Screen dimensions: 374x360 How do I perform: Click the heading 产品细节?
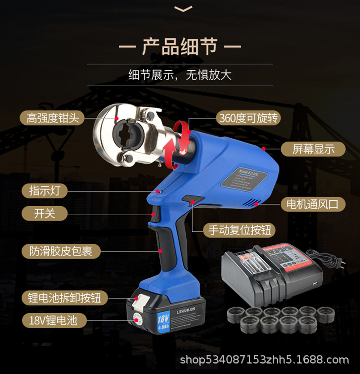click(x=180, y=46)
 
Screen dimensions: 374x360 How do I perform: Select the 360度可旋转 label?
click(x=248, y=118)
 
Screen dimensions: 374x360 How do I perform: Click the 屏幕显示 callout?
click(x=313, y=149)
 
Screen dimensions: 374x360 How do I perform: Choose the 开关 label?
click(x=45, y=213)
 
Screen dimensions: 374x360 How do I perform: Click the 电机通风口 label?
click(x=313, y=204)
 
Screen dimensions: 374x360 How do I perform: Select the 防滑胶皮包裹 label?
click(x=61, y=251)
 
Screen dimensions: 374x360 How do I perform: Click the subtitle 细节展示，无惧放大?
click(x=180, y=75)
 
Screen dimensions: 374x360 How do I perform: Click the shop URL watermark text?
click(x=264, y=360)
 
